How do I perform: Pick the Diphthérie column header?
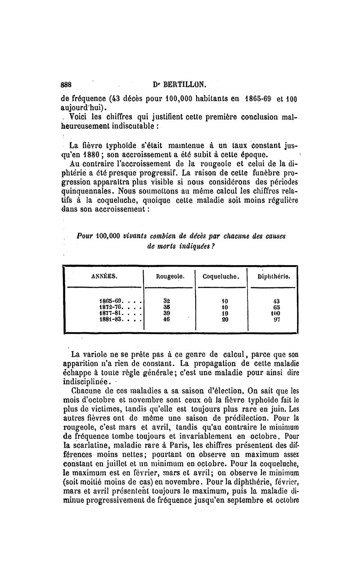point(273,277)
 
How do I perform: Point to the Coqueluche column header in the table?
point(220,277)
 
